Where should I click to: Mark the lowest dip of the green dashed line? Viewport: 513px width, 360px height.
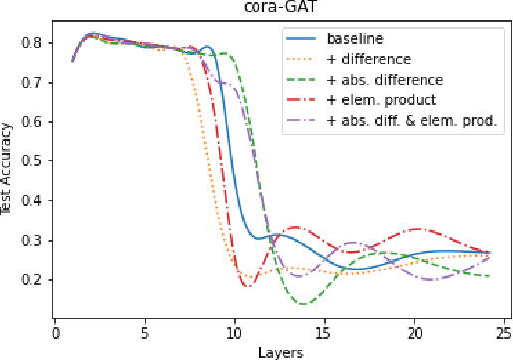pos(303,303)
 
